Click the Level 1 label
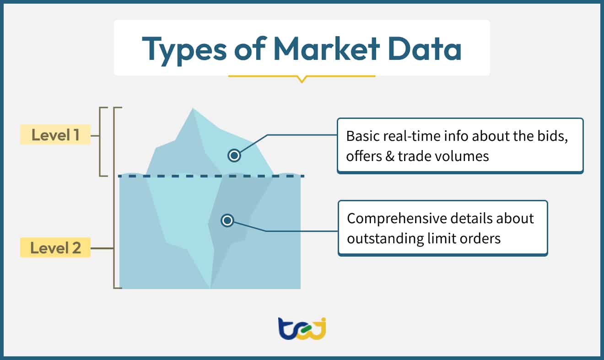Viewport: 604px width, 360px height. click(55, 135)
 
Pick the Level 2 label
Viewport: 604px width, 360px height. click(55, 248)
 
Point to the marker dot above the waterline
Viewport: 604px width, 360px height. click(234, 156)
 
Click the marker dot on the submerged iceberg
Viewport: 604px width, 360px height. click(227, 221)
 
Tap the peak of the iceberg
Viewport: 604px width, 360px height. click(193, 109)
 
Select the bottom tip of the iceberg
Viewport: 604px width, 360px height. click(210, 288)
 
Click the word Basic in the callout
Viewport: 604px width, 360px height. click(361, 136)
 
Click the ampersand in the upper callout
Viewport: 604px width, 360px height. click(388, 156)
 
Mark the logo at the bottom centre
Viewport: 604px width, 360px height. click(302, 328)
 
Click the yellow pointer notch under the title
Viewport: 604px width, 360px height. click(301, 79)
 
